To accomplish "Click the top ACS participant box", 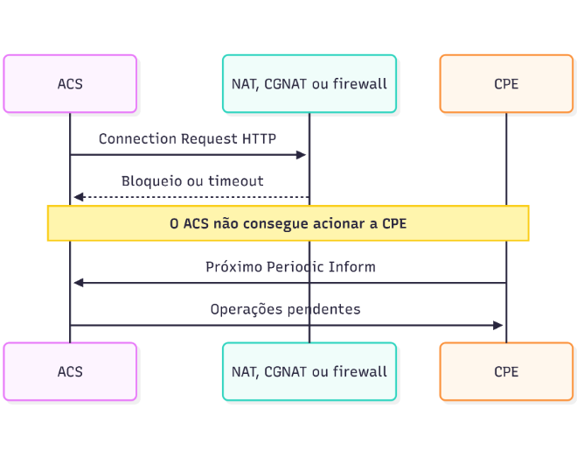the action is (70, 84).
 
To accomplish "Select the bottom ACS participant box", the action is (70, 371).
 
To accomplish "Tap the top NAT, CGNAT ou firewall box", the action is (309, 84).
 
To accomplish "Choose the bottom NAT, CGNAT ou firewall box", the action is (309, 371).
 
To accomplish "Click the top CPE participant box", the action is (506, 84).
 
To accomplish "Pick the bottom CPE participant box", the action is (506, 371).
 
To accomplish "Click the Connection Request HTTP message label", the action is (188, 139).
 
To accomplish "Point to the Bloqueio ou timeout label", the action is (192, 181).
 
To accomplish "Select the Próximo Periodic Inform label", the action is (291, 267).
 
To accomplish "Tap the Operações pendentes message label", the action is (286, 309).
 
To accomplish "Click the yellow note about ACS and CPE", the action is (288, 223).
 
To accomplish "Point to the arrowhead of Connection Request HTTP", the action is (302, 155).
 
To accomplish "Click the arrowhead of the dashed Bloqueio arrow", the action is (79, 197).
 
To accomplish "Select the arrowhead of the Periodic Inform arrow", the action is (79, 283).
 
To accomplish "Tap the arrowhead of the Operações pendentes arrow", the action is (498, 326).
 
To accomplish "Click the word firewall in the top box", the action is (360, 84).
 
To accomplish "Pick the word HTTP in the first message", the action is (259, 139).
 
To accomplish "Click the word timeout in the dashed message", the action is (236, 181).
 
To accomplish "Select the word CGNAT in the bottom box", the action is (286, 371).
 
